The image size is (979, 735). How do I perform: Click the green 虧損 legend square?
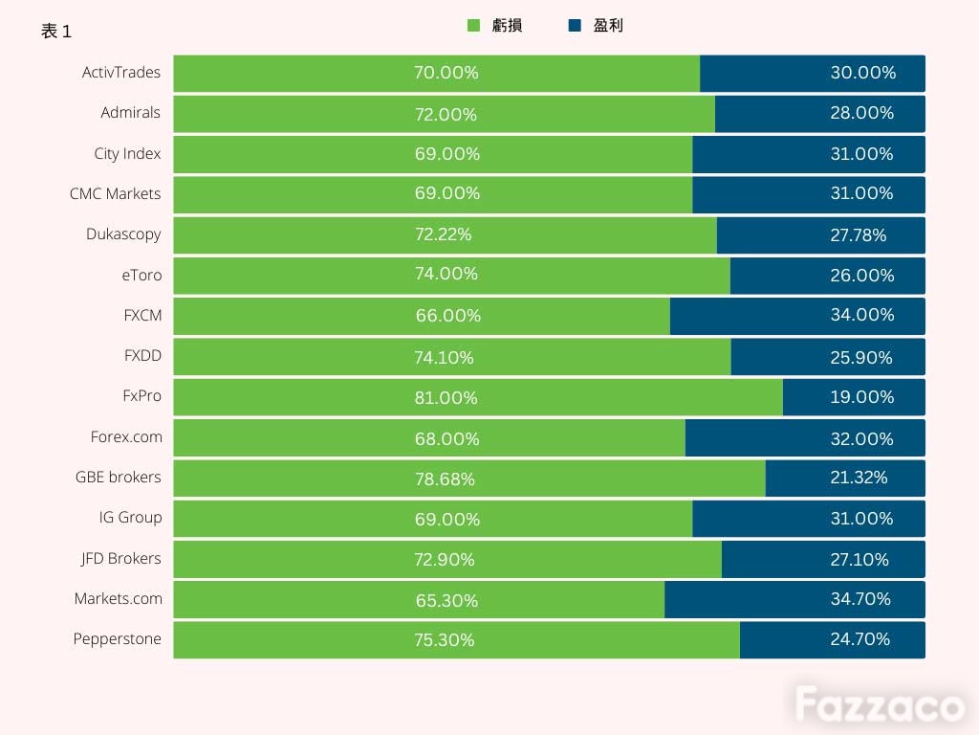(x=474, y=26)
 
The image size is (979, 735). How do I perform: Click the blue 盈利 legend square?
(x=575, y=26)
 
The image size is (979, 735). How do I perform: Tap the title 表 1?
(x=56, y=31)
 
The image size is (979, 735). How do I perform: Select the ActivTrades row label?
(x=121, y=73)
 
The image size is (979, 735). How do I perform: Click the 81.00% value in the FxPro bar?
(x=446, y=397)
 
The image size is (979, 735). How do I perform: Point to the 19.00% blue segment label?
(x=862, y=397)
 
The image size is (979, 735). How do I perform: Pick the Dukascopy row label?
(x=123, y=234)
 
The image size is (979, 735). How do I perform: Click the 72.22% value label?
(x=444, y=234)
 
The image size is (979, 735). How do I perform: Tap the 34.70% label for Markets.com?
(x=860, y=599)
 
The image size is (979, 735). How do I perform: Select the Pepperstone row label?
(x=118, y=638)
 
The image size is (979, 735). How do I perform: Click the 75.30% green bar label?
(x=445, y=640)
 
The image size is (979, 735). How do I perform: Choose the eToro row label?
(x=141, y=275)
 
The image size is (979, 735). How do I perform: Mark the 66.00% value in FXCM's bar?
(x=448, y=316)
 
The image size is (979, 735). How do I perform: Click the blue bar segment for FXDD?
(x=828, y=357)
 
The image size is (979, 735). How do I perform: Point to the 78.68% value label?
(x=446, y=479)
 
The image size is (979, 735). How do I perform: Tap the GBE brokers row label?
(x=118, y=477)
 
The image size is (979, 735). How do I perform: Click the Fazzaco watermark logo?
(x=880, y=704)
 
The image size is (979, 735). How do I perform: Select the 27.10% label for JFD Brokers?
(x=859, y=559)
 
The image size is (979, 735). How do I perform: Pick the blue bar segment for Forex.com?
(x=805, y=437)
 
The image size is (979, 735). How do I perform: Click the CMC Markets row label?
(x=116, y=193)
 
